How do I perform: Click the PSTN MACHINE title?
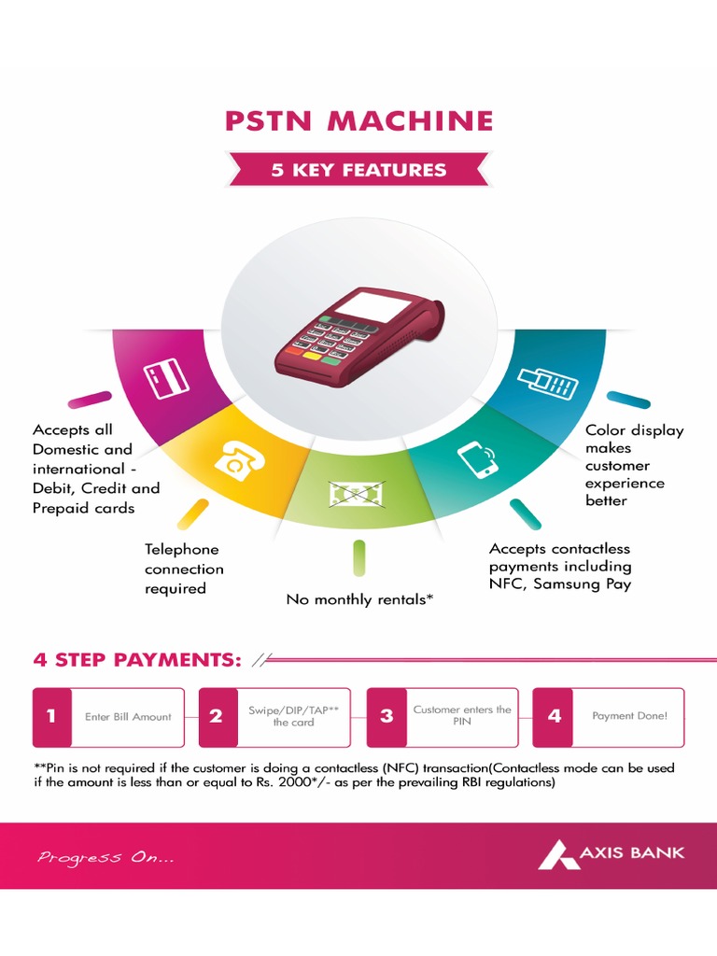358,121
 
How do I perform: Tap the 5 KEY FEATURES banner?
358,170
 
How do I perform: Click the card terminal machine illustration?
358,337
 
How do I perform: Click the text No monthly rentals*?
359,599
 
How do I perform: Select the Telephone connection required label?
184,569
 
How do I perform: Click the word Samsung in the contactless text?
559,584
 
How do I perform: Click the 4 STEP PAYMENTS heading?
137,660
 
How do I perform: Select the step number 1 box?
51,717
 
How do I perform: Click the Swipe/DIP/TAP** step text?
293,716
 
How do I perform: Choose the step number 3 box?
386,717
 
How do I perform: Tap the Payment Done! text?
629,716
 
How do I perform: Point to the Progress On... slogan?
105,857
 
